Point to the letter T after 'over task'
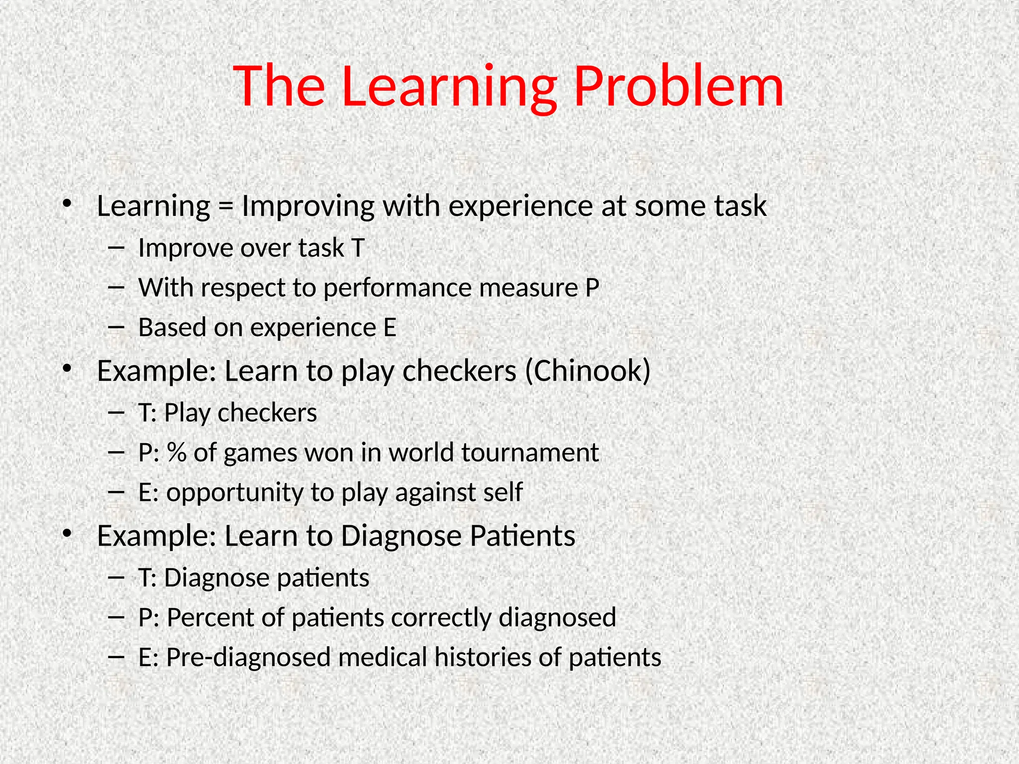coord(358,248)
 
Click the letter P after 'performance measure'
coord(592,287)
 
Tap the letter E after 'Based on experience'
coord(390,327)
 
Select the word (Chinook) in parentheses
coord(588,371)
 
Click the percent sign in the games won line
coord(176,453)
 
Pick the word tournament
coord(529,453)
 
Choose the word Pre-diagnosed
coord(248,658)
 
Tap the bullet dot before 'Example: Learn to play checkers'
coord(67,369)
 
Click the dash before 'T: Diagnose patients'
coord(115,577)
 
